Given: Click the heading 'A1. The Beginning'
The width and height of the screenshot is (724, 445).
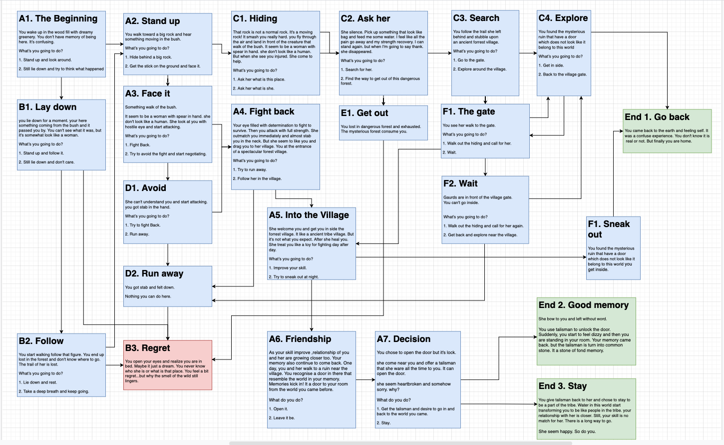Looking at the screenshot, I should pos(58,19).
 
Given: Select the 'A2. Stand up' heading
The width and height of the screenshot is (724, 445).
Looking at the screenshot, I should pos(152,21).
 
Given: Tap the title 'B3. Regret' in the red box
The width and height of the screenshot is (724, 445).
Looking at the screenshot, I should pos(147,348).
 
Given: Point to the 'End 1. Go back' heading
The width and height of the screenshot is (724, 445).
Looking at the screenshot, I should pos(657,117).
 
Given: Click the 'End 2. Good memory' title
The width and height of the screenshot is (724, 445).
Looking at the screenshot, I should pos(583,305).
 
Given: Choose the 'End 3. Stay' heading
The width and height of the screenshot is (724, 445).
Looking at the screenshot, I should pos(562,386).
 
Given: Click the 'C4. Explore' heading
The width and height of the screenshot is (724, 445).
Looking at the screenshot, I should pos(563,18).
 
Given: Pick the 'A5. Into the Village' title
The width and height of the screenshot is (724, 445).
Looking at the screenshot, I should pos(309,215).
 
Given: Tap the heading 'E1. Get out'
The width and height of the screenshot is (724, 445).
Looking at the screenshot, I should pos(364,113).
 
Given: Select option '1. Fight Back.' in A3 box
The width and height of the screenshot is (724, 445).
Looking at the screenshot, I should pos(138,145).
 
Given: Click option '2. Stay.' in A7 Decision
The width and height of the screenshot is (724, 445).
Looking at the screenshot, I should pos(383,423).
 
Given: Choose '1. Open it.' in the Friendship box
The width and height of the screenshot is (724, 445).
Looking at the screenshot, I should pos(278,409).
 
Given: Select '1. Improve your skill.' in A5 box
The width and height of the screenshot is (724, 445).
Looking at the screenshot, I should pos(288,268).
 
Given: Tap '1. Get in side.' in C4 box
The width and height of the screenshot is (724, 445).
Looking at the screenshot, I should pos(551,65).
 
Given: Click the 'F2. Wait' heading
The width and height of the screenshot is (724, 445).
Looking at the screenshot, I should pos(460,183).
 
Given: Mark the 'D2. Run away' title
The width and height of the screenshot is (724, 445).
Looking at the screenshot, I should pos(154,273).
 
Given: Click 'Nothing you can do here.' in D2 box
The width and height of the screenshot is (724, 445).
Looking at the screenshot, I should pos(148,296).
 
